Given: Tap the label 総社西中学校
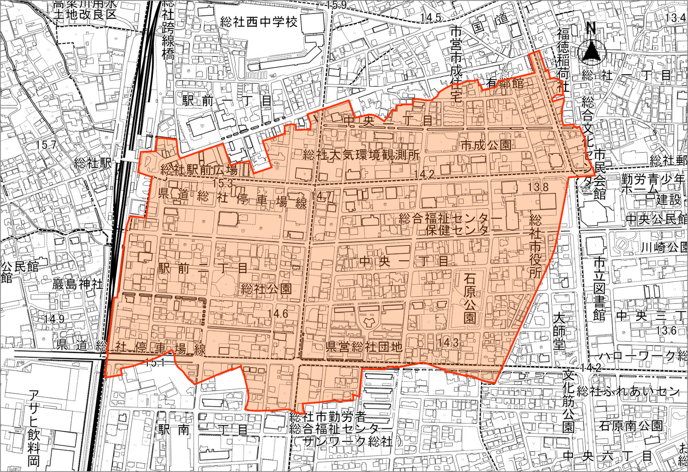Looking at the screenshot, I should tap(259, 22).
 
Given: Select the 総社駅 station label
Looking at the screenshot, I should tap(93, 163).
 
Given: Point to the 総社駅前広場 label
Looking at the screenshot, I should tap(199, 170).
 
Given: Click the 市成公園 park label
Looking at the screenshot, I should tap(486, 145).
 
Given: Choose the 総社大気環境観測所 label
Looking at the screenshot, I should tap(361, 155).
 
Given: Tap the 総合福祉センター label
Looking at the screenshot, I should tap(451, 218).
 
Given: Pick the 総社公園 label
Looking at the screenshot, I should tap(266, 289).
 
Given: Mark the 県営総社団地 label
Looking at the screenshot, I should tap(364, 346).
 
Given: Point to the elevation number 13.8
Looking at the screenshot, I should tap(538, 187).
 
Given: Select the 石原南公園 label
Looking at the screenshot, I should tap(631, 426).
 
